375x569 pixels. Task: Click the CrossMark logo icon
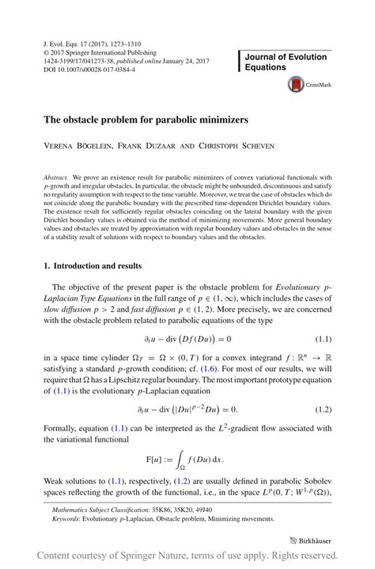click(x=297, y=83)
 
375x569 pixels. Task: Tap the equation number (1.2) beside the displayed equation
click(x=323, y=409)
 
